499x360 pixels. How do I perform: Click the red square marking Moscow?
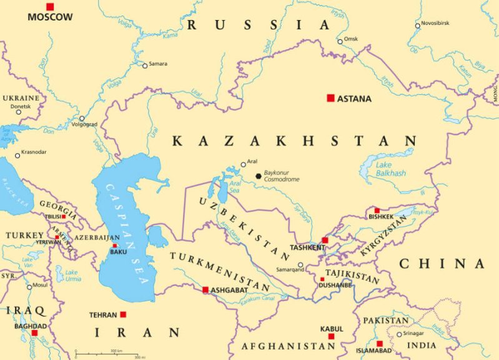pos(50,6)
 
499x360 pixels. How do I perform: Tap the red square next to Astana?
pos(330,98)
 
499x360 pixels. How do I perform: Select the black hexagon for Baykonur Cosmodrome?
pos(258,176)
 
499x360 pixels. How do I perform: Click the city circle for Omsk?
pos(340,41)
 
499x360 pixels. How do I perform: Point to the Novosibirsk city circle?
pos(418,26)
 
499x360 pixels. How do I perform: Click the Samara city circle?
pos(145,65)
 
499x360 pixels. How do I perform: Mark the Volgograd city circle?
pos(82,118)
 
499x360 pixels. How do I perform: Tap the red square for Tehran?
pos(123,314)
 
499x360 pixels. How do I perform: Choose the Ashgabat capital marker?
pos(205,289)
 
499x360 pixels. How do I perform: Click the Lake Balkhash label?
pos(391,169)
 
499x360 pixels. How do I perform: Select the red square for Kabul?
pos(331,336)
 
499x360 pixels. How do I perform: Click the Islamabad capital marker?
pos(379,343)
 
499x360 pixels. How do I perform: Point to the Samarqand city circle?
pos(300,265)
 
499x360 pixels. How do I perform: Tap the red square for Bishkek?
pos(377,211)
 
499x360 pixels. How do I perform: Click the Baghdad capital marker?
pos(35,333)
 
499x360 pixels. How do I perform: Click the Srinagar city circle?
pos(400,334)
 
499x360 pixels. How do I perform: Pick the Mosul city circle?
pos(29,287)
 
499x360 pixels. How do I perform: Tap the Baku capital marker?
pos(114,246)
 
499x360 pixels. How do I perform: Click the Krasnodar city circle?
pos(17,156)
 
